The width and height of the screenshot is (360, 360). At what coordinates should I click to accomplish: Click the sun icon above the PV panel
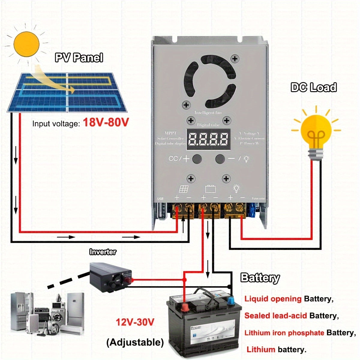click(27, 44)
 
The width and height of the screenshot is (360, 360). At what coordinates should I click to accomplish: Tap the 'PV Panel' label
click(79, 58)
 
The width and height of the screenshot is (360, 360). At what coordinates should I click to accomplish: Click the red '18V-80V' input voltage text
click(106, 122)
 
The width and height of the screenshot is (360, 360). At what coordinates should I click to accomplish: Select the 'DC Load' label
click(313, 87)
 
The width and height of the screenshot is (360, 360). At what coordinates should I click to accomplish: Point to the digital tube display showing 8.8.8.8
click(208, 139)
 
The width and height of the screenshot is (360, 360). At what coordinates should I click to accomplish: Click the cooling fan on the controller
click(210, 81)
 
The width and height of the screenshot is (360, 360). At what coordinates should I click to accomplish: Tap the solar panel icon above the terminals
click(184, 189)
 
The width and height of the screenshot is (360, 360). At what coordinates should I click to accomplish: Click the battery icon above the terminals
click(210, 189)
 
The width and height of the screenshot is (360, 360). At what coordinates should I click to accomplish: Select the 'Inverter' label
click(103, 252)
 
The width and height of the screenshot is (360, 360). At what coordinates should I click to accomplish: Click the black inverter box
click(111, 277)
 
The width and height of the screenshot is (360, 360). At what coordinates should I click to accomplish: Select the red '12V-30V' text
click(135, 322)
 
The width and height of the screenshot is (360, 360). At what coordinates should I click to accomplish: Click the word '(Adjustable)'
click(135, 342)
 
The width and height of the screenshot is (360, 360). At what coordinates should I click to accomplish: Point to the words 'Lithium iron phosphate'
click(284, 333)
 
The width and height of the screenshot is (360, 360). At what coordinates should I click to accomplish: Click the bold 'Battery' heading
click(260, 278)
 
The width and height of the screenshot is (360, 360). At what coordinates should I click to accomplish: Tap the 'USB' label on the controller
click(160, 199)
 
